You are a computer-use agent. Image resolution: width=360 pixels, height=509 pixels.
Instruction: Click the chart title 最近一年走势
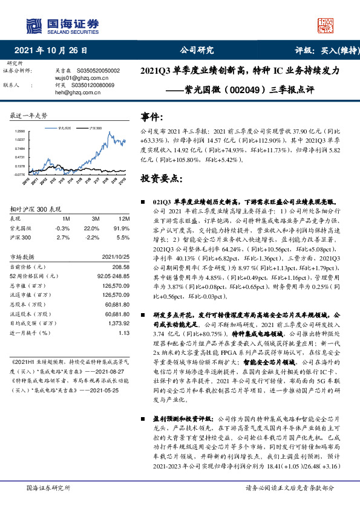tap(29, 115)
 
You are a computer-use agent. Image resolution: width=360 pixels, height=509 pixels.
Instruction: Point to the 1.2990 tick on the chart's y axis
tap(19, 131)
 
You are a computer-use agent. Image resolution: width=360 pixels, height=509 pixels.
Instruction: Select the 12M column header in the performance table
tap(124, 218)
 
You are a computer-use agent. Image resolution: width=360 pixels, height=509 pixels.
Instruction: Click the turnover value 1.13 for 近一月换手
tap(125, 332)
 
